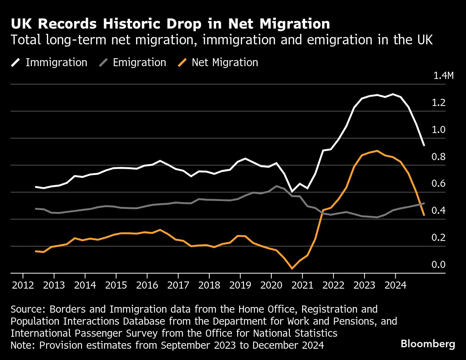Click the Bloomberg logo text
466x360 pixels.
(x=428, y=344)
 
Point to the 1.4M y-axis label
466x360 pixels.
(x=443, y=76)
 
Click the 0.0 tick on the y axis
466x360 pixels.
(x=438, y=265)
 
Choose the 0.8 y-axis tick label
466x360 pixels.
(x=438, y=157)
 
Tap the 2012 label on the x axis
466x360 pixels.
(x=23, y=285)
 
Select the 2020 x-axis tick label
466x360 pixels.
(x=271, y=285)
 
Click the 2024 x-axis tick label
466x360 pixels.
(x=395, y=285)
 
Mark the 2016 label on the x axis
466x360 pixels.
(x=147, y=285)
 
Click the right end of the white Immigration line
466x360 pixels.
(x=424, y=145)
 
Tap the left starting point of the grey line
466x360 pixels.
(x=36, y=209)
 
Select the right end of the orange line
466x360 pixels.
(x=424, y=215)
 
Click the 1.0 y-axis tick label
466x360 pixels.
(x=438, y=130)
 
